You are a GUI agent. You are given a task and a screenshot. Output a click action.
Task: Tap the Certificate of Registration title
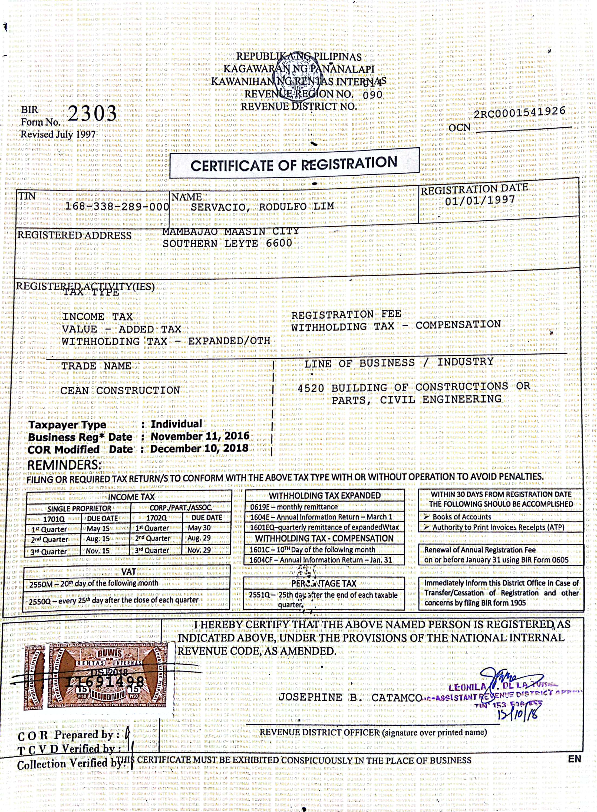coord(294,165)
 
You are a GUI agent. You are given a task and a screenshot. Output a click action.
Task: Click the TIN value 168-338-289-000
coord(117,207)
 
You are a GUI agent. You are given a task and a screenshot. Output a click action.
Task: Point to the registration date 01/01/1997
coord(480,200)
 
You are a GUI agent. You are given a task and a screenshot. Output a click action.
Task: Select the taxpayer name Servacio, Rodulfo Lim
coord(262,207)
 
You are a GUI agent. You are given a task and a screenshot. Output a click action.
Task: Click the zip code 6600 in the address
coord(279,243)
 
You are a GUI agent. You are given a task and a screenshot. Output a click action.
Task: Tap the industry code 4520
coord(311,388)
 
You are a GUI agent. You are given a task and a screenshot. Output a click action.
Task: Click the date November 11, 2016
coord(200,436)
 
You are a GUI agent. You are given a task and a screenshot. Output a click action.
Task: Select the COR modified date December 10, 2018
coord(199,449)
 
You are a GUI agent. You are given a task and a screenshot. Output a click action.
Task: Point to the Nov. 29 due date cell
coord(199,550)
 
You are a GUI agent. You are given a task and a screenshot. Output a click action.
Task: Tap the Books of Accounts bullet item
coord(461,517)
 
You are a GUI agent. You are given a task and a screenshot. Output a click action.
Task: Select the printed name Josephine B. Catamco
coord(349,698)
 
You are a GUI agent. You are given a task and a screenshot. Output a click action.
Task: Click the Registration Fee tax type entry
coord(346,315)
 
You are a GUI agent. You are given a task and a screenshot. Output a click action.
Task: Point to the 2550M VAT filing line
coord(94,583)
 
